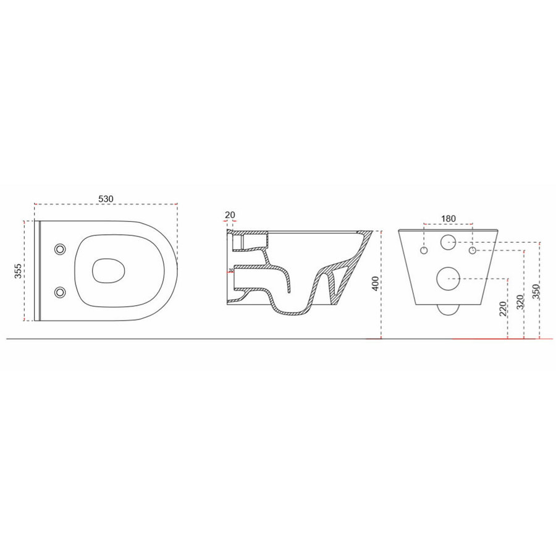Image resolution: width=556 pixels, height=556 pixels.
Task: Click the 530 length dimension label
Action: tap(106, 198)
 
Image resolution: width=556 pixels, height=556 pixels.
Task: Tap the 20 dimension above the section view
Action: tap(230, 215)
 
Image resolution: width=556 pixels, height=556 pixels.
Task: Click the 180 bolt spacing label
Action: tap(449, 218)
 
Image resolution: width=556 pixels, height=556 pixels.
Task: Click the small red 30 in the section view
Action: tap(231, 271)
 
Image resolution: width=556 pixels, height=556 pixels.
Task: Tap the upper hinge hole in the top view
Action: tap(60, 248)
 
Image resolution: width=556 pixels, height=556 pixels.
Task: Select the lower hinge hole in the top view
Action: tap(60, 292)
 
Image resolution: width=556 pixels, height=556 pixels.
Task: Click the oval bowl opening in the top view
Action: tap(109, 270)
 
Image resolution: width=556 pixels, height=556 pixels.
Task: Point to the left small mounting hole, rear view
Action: tap(424, 251)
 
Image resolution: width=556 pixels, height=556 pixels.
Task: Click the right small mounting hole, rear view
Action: tap(473, 251)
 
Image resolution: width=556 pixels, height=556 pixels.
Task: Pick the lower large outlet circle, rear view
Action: tap(449, 279)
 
